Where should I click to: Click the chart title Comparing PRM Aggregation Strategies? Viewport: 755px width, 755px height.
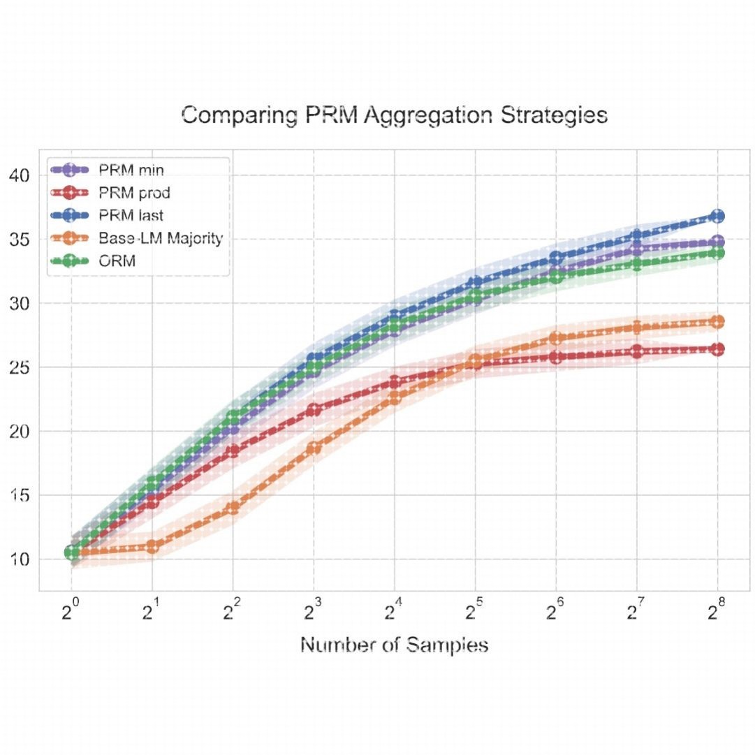[x=394, y=115]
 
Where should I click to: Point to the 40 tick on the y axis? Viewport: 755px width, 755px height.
[x=21, y=175]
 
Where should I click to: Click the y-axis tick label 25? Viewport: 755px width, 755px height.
[x=21, y=367]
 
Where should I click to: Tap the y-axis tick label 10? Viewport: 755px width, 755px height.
[x=21, y=559]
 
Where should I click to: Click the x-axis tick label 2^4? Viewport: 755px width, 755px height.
[x=395, y=613]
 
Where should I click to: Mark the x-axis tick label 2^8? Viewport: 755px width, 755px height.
[x=717, y=613]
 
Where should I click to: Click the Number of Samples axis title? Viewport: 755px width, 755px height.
[x=394, y=645]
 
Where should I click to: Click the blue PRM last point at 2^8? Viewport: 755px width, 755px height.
[x=717, y=216]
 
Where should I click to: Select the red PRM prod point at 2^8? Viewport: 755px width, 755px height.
[x=717, y=349]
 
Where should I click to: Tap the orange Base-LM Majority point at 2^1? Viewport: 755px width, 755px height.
[x=152, y=546]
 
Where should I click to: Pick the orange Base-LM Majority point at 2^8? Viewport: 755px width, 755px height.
[x=717, y=322]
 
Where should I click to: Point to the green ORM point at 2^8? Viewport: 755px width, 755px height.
[x=717, y=253]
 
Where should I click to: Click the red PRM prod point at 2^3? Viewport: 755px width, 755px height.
[x=314, y=410]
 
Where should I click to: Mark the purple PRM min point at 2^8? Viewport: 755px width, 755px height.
[x=717, y=242]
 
